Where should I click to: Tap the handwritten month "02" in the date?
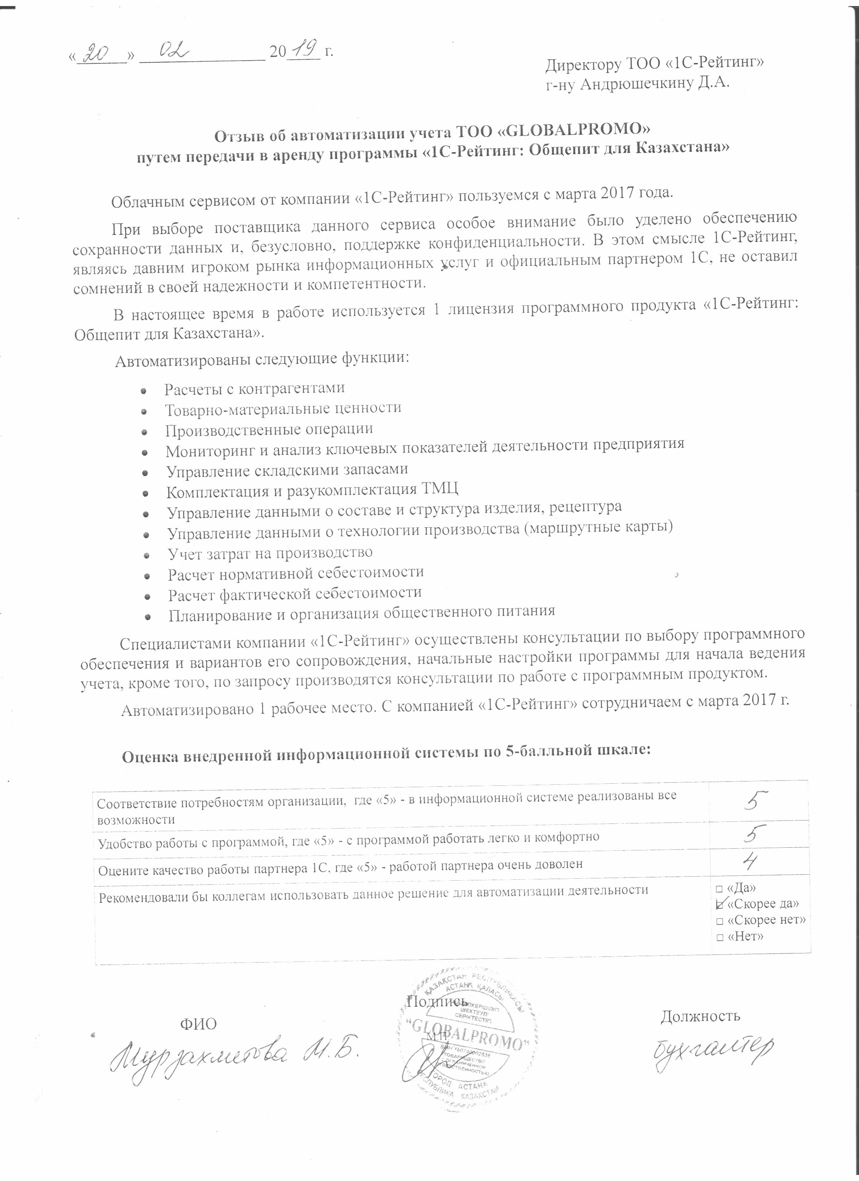(x=167, y=53)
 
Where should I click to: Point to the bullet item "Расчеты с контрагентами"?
(x=255, y=389)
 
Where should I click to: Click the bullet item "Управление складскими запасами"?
(x=287, y=470)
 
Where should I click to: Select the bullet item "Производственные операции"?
(x=269, y=429)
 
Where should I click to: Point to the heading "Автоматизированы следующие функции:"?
(x=261, y=359)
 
